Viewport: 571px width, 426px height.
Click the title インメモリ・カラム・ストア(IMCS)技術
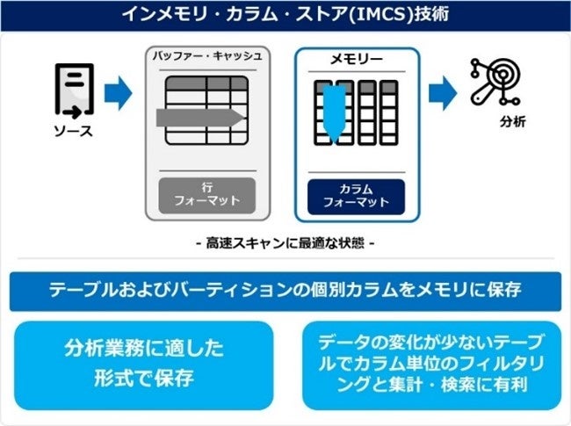click(285, 15)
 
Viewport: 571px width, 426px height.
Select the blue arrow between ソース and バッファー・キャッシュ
click(117, 91)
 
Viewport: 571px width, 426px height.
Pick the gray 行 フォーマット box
click(207, 194)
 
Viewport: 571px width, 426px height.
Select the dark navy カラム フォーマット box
click(356, 195)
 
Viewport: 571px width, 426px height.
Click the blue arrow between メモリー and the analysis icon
click(443, 91)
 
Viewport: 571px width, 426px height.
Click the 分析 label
click(512, 121)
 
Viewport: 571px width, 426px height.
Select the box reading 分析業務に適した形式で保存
click(144, 365)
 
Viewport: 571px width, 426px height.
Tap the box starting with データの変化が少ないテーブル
click(431, 365)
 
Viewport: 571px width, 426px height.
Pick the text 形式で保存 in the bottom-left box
click(145, 379)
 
